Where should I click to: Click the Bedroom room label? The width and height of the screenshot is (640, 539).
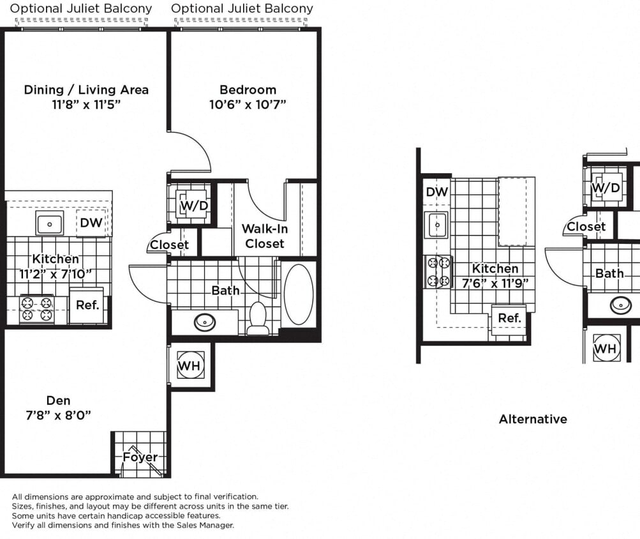tap(248, 89)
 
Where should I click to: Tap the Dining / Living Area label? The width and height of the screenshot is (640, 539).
tap(86, 89)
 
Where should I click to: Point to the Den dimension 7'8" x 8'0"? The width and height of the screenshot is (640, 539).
tap(58, 415)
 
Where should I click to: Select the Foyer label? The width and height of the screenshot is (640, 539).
tap(140, 457)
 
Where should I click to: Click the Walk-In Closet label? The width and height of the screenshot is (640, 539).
tap(264, 236)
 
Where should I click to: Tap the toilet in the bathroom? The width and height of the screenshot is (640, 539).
tap(258, 318)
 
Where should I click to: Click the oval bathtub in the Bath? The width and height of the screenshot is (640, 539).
tap(299, 295)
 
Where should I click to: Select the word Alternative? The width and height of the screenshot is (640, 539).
tap(533, 419)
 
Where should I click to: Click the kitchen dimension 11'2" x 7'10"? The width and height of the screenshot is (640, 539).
tap(56, 274)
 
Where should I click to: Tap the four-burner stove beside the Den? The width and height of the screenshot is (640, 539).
tap(36, 310)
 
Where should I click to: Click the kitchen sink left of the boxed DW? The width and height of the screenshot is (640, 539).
tap(50, 224)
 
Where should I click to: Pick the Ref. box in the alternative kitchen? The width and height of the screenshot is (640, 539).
tap(509, 318)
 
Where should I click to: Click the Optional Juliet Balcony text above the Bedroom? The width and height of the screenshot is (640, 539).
tap(242, 9)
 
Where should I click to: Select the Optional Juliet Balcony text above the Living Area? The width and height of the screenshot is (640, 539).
tap(81, 9)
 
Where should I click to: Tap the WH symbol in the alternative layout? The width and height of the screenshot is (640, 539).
tap(605, 349)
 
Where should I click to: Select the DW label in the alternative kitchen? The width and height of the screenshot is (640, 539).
tap(437, 192)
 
